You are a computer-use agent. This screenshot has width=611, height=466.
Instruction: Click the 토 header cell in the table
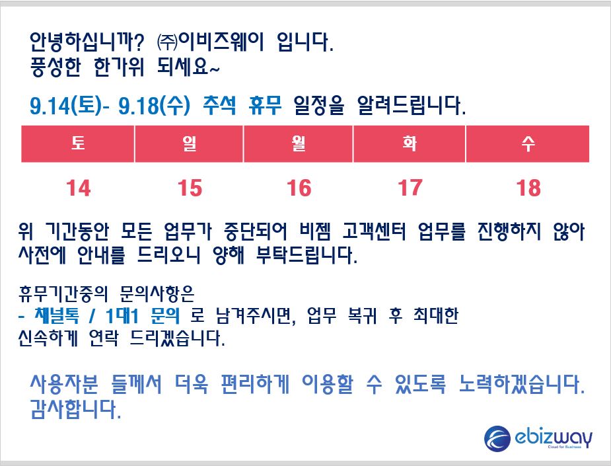pos(78,143)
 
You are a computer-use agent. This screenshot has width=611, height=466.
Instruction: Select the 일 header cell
pos(189,143)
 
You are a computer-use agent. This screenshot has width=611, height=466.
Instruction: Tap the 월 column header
pos(298,143)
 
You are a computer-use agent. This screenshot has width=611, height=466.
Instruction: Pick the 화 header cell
pos(409,143)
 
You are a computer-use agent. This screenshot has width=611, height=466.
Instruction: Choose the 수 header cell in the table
pos(528,143)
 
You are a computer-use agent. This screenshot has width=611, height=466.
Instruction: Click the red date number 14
pos(79,188)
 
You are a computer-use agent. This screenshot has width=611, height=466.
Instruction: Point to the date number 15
pos(190,188)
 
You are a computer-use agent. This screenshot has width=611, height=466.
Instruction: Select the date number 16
pos(299,188)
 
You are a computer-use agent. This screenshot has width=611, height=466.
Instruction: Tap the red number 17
pos(410,188)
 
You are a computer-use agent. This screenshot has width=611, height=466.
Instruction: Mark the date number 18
pos(528,188)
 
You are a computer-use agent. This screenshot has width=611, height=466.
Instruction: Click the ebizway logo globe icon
pos(497,438)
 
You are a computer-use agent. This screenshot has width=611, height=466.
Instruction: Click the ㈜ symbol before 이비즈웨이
pos(166,42)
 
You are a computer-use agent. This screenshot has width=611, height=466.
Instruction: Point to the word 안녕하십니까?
pos(87,42)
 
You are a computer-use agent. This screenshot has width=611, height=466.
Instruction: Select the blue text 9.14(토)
pos(66,105)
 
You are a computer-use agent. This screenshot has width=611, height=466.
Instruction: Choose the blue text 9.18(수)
pos(154,105)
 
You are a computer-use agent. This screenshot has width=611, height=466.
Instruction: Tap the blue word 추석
pos(219,105)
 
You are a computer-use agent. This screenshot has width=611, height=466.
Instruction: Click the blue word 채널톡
pos(57,315)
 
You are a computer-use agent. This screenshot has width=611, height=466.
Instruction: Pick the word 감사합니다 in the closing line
pos(75,409)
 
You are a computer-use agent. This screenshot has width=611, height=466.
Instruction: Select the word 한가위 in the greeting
pos(120,67)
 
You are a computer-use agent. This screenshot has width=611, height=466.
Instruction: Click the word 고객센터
pos(374,231)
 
